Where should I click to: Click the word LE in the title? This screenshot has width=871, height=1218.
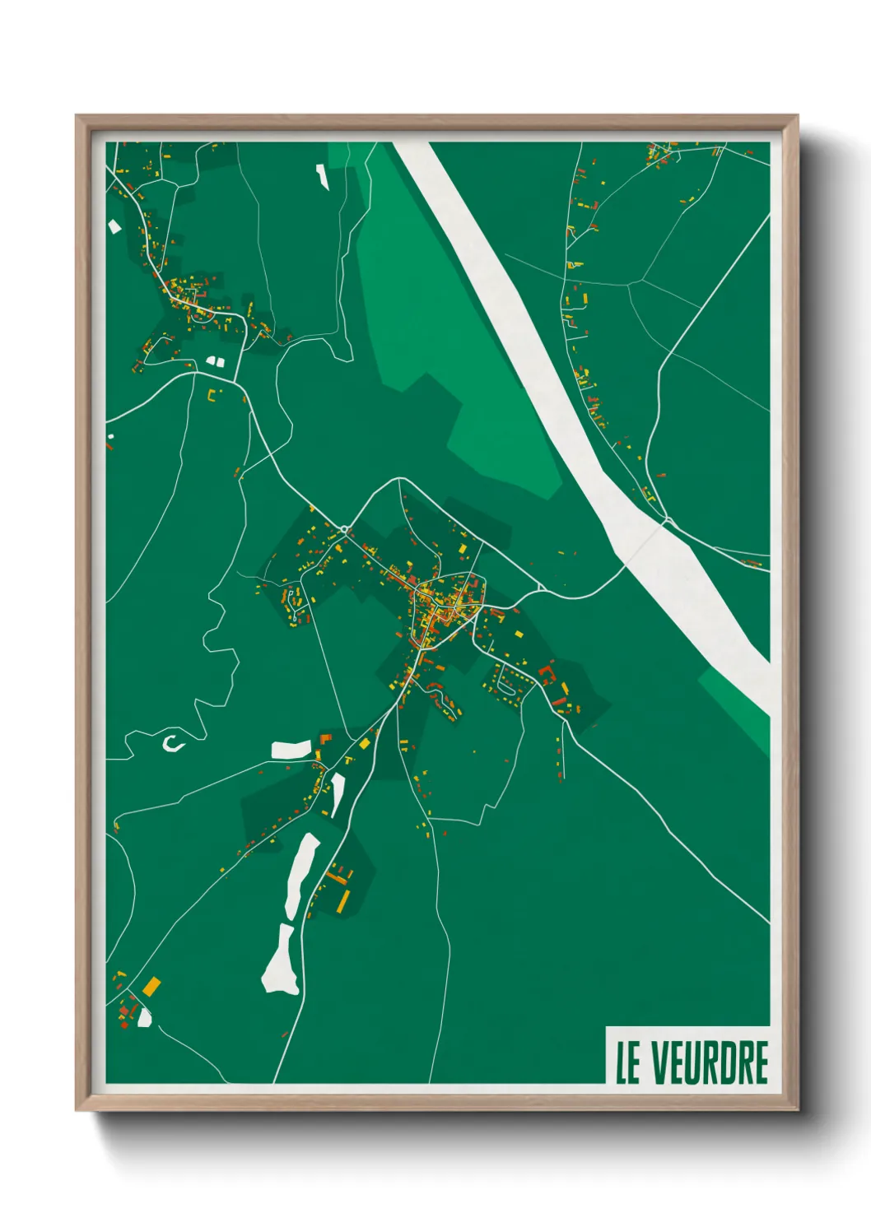pyautogui.click(x=627, y=1062)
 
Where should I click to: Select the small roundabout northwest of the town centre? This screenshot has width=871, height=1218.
pyautogui.click(x=345, y=528)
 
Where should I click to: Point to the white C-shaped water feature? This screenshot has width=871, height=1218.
pyautogui.click(x=171, y=743)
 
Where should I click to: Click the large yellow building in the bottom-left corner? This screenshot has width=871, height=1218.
pyautogui.click(x=152, y=985)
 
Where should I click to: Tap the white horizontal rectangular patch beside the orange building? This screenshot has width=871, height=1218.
pyautogui.click(x=291, y=749)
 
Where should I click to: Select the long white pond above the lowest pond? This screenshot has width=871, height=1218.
pyautogui.click(x=301, y=876)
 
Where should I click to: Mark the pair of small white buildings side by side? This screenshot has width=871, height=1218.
pyautogui.click(x=215, y=360)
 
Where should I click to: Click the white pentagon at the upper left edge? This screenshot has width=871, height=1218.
pyautogui.click(x=114, y=225)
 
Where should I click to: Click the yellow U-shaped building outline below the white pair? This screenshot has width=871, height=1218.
pyautogui.click(x=213, y=394)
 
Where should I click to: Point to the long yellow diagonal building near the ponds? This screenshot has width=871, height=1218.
pyautogui.click(x=337, y=878)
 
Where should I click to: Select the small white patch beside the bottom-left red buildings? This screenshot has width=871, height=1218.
pyautogui.click(x=145, y=1018)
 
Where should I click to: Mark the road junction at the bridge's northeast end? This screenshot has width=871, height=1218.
pyautogui.click(x=668, y=520)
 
